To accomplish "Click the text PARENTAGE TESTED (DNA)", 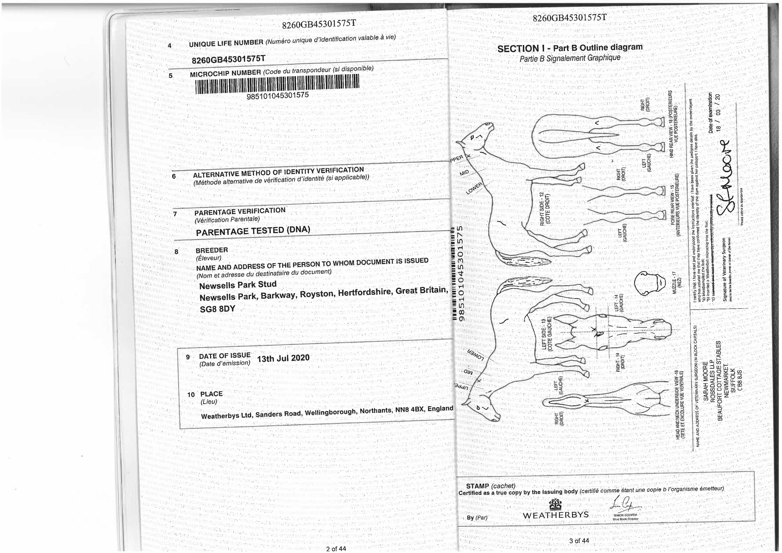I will (x=253, y=231).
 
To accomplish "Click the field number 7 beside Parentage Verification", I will (x=175, y=214).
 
